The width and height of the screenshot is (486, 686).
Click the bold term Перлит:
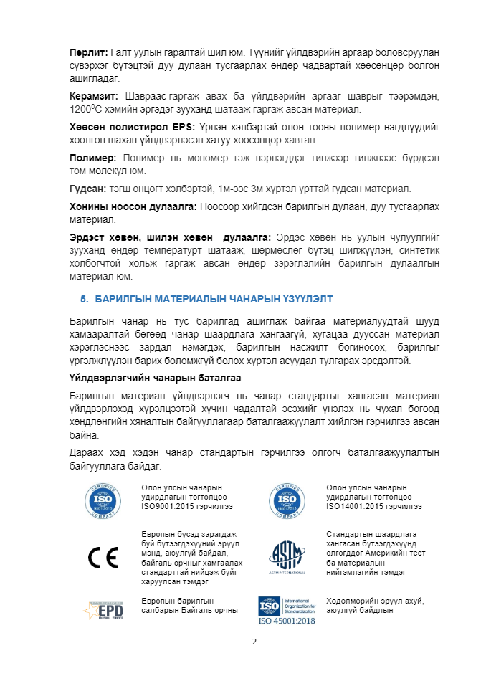click(88, 52)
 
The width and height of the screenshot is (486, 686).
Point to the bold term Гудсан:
click(87, 189)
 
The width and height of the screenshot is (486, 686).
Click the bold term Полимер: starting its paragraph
click(92, 158)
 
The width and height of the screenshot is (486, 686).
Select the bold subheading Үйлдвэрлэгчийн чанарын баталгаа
click(155, 378)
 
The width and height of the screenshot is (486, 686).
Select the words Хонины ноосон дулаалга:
click(133, 206)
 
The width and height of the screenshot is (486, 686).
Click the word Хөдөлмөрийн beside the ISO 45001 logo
click(352, 601)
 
